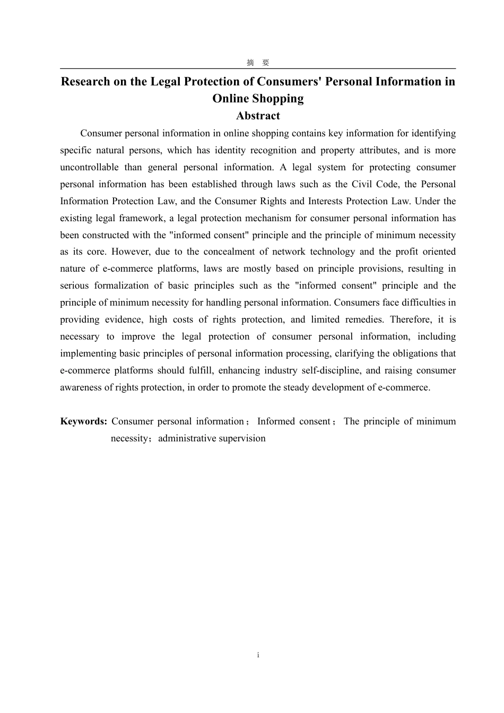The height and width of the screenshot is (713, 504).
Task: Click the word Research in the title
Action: click(85, 82)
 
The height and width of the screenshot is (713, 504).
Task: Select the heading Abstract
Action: click(258, 116)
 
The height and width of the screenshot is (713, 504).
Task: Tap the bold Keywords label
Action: click(84, 421)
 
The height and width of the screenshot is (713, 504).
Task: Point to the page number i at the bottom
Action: click(258, 655)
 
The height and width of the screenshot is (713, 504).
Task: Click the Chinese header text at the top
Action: click(258, 63)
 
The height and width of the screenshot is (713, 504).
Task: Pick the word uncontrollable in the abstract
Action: click(89, 167)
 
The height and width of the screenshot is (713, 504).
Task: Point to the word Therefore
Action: click(411, 319)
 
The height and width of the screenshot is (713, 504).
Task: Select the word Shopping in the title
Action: click(277, 99)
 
